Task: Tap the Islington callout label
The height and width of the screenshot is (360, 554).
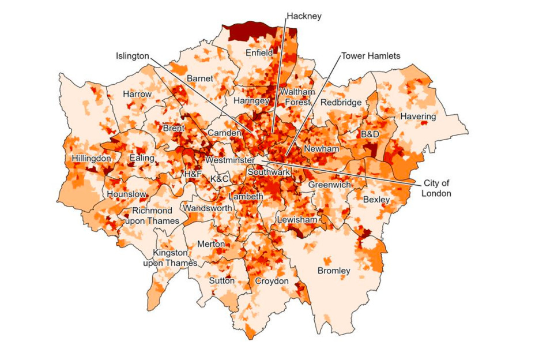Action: pos(132,56)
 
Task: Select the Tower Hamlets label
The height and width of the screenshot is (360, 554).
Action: pos(371,56)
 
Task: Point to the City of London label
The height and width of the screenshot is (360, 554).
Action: pos(436,188)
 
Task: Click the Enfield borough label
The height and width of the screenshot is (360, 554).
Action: pos(259,52)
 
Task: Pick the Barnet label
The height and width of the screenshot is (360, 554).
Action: pos(199,78)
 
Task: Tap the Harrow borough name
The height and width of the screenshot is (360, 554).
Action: pos(137,94)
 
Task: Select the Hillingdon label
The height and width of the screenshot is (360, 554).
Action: pos(91,158)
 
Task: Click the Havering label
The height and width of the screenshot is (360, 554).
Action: pos(418,117)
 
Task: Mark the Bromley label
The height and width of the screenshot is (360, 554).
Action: pos(334,271)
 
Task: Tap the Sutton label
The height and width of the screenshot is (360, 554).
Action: pos(222,281)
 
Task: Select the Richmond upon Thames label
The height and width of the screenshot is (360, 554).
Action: pos(152,216)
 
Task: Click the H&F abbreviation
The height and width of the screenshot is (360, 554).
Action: pos(193,174)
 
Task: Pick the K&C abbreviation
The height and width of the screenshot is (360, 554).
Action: pos(220,179)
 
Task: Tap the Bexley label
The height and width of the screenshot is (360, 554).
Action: pos(376,200)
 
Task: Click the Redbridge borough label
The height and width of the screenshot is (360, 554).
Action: pos(341,102)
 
